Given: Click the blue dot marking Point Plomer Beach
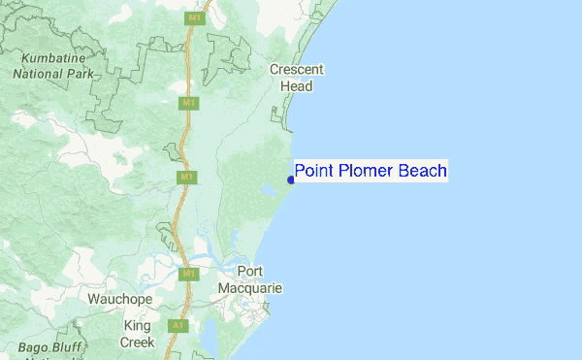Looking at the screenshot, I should click(291, 180).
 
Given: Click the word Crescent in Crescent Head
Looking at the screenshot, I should click(297, 70).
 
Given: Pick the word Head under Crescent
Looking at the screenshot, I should click(297, 86).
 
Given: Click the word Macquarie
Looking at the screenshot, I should click(250, 288).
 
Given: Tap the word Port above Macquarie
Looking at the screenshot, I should click(250, 273).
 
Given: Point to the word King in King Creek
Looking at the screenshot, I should click(137, 327).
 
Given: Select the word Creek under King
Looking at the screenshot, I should click(137, 342).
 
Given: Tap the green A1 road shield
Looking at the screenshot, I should click(178, 326).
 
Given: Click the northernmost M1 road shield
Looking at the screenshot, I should click(196, 18).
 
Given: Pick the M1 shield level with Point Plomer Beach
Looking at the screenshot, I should click(187, 178).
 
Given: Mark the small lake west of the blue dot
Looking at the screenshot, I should click(266, 198).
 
